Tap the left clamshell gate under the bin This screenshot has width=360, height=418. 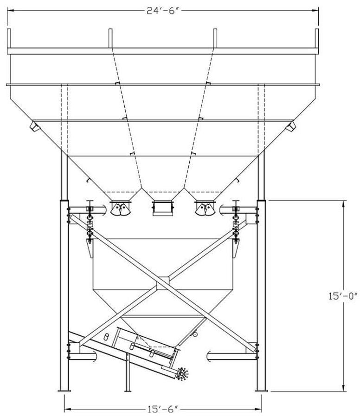click(x=120, y=209)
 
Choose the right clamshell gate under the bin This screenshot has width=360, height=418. click(x=205, y=209)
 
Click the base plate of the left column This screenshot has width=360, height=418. click(x=64, y=391)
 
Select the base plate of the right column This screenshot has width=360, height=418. click(x=261, y=391)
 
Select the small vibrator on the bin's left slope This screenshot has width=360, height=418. click(x=35, y=125)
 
